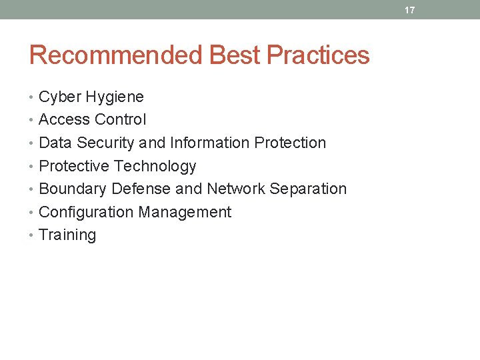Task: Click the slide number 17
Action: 409,10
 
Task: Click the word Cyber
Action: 60,97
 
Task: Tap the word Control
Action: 120,120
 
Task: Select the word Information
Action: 210,143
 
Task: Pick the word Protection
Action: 291,143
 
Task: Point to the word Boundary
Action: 73,189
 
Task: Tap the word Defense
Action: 141,189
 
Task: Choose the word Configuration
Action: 86,213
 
